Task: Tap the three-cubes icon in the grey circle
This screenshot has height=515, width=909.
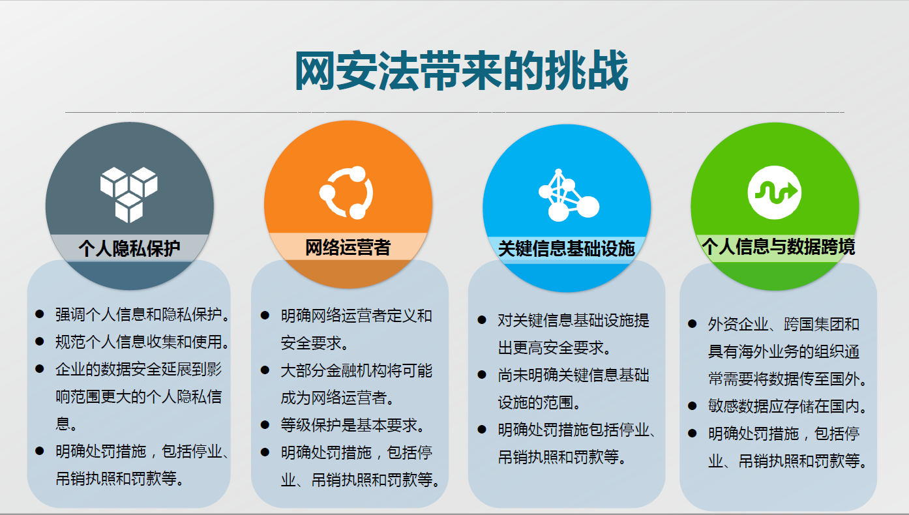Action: tap(129, 194)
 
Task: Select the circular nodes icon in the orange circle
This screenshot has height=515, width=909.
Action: tap(347, 193)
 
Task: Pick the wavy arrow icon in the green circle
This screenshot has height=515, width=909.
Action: tap(774, 192)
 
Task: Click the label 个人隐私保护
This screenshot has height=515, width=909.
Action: tap(129, 248)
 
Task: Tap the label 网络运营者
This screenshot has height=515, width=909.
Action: tap(348, 248)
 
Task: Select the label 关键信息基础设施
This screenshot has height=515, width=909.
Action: tap(566, 248)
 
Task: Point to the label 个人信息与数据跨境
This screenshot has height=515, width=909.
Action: tap(777, 246)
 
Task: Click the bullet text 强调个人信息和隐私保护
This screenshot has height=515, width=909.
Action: tap(142, 316)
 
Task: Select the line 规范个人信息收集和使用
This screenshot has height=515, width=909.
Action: tap(142, 342)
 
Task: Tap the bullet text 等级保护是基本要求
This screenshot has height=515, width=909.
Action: tap(353, 425)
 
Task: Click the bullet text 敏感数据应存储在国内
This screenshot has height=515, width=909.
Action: tap(788, 407)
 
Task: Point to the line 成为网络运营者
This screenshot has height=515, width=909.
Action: tap(337, 398)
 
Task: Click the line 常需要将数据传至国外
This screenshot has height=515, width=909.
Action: tap(788, 379)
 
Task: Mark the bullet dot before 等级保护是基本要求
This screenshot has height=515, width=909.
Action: tap(265, 425)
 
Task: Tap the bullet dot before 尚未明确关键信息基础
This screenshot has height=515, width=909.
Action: tap(482, 375)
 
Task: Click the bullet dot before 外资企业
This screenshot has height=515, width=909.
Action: tap(693, 324)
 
